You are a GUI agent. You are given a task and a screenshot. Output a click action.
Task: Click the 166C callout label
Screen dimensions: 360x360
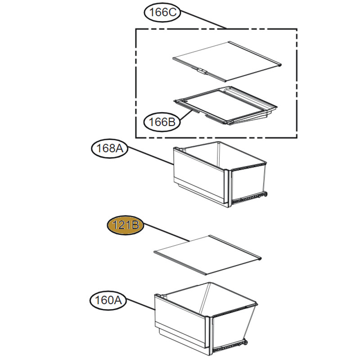tap(162, 13)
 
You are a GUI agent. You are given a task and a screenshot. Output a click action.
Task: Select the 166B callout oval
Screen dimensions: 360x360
tap(162, 122)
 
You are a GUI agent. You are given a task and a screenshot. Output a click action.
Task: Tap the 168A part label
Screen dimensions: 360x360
tap(109, 148)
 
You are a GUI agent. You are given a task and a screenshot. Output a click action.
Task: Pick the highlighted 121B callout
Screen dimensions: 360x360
tap(126, 225)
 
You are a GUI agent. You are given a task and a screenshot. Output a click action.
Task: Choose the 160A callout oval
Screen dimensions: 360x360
tap(108, 300)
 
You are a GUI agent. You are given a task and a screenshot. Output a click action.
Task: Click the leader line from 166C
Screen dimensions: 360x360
tap(203, 20)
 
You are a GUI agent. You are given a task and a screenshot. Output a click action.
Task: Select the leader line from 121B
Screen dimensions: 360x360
tap(166, 233)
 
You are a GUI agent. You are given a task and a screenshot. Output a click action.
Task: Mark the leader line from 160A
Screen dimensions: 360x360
tap(140, 305)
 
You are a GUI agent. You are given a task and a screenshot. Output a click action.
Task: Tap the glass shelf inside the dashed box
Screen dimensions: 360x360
tap(227, 61)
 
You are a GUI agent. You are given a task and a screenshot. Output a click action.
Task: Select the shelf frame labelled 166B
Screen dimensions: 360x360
tap(226, 105)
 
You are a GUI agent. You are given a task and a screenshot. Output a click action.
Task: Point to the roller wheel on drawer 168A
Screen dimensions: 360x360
tap(266, 194)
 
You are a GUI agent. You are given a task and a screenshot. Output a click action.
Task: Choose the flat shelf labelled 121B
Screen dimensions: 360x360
tap(207, 255)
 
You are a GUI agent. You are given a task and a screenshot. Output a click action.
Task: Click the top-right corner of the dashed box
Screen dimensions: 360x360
tap(297, 29)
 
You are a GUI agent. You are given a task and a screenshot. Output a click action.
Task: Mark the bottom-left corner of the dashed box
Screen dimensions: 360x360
tap(136, 138)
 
